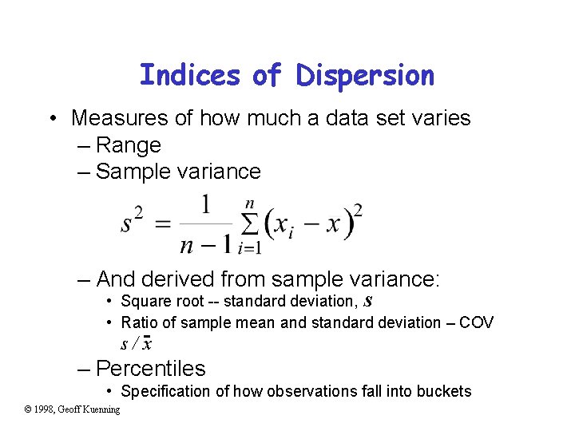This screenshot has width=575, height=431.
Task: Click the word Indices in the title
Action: pyautogui.click(x=189, y=75)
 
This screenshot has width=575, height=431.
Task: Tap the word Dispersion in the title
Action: pyautogui.click(x=365, y=75)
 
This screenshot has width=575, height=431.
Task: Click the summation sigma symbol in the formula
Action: pyautogui.click(x=249, y=226)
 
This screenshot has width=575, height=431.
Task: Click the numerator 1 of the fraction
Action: pyautogui.click(x=205, y=205)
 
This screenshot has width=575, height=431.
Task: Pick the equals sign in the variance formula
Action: pyautogui.click(x=162, y=224)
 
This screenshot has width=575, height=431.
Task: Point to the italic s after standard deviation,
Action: pyautogui.click(x=368, y=301)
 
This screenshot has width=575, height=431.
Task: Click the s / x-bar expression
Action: pyautogui.click(x=137, y=344)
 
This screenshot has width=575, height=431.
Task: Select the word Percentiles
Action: pyautogui.click(x=150, y=369)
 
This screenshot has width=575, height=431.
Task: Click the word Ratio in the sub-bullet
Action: pyautogui.click(x=137, y=322)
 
